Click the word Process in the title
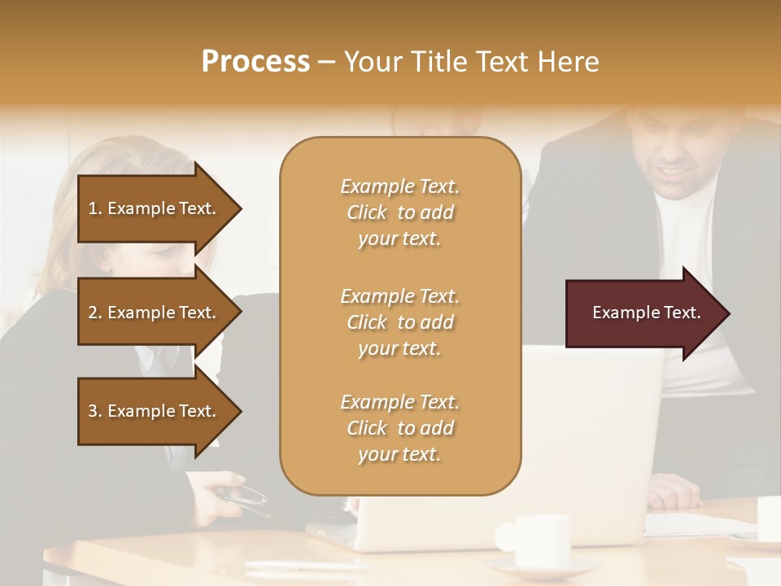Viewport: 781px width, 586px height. [x=255, y=62]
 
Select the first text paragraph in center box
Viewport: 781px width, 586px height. [x=399, y=212]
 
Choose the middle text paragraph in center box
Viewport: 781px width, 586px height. [x=399, y=322]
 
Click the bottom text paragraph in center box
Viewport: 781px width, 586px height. [x=399, y=428]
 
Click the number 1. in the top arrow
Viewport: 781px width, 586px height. [x=95, y=208]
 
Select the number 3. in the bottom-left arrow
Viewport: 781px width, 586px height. [x=95, y=411]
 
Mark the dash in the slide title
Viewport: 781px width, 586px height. [x=326, y=62]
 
